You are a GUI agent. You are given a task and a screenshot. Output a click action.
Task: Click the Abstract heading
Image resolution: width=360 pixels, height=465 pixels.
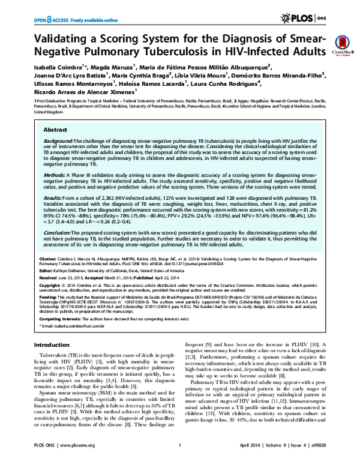point(56,129)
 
